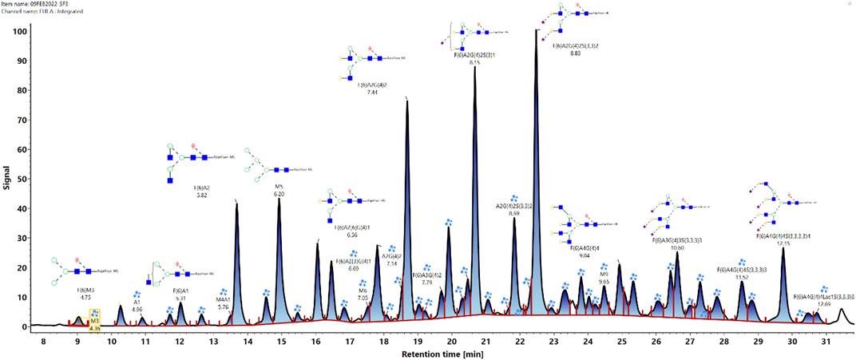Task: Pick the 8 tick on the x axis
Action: [43, 338]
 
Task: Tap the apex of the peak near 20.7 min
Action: [475, 68]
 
